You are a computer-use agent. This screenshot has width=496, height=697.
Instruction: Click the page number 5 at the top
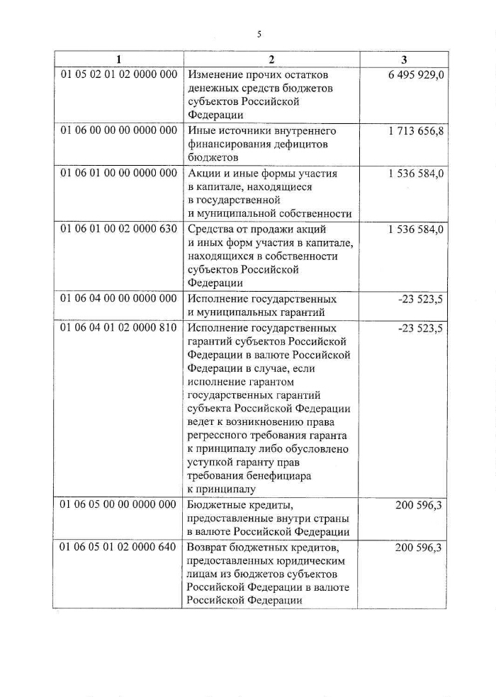[x=259, y=33]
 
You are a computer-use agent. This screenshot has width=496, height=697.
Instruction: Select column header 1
[x=118, y=59]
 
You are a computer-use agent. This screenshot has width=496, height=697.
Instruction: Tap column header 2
[x=271, y=59]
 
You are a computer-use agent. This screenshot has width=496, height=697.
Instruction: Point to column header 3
[x=404, y=59]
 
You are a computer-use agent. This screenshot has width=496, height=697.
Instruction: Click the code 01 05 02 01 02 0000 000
[x=118, y=75]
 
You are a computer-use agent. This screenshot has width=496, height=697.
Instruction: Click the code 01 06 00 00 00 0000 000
[x=118, y=131]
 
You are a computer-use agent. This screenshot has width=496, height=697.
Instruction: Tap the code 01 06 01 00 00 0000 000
[x=118, y=173]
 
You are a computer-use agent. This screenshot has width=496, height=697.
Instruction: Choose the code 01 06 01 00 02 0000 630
[x=118, y=229]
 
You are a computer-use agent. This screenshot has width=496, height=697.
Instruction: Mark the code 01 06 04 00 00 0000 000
[x=118, y=298]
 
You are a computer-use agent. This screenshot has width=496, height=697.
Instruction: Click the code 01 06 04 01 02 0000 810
[x=118, y=328]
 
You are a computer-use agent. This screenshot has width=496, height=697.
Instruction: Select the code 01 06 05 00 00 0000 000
[x=118, y=504]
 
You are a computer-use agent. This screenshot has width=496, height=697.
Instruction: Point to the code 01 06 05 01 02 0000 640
[x=118, y=547]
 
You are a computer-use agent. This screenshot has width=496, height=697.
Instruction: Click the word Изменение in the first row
[x=216, y=75]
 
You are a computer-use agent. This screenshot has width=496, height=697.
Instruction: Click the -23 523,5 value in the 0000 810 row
[x=421, y=328]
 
